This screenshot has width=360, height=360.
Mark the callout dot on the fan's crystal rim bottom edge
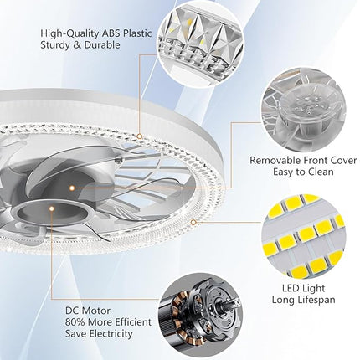194,223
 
